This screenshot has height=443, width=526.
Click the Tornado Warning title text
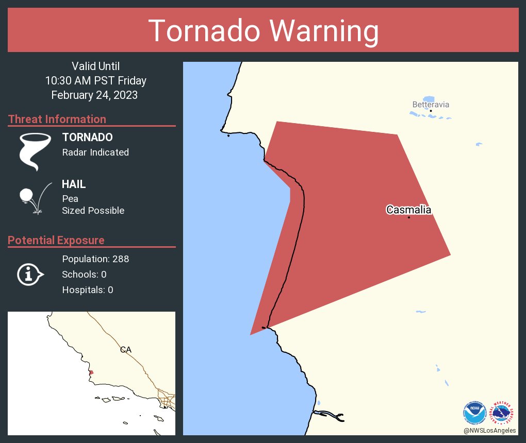tap(264, 31)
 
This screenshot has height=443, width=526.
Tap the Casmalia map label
tap(408, 210)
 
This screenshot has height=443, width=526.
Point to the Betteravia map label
tap(431, 105)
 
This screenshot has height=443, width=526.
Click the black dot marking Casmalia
tap(409, 217)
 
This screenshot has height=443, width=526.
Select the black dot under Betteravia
tap(431, 111)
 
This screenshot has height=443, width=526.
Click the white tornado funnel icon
tap(35, 151)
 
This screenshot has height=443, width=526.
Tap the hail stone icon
tap(26, 196)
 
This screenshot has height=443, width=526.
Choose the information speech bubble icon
tap(30, 274)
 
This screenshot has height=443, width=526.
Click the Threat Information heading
tap(57, 119)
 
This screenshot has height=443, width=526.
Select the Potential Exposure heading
tap(56, 240)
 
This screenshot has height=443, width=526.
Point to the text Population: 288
tap(95, 259)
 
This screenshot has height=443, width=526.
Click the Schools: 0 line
tap(84, 274)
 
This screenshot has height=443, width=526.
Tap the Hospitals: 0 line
tap(88, 289)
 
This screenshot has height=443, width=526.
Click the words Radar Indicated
tap(95, 152)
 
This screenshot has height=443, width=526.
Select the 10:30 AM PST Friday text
tap(95, 80)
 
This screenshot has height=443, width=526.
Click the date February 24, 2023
tap(94, 95)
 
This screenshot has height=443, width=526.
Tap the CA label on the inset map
tap(126, 350)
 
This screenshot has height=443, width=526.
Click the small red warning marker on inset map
tap(91, 372)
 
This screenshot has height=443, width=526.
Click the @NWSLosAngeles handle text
tap(489, 430)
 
